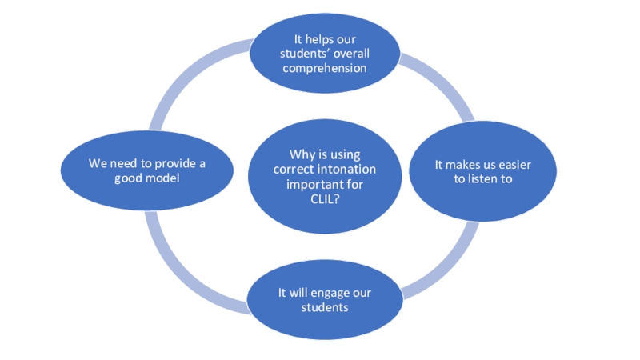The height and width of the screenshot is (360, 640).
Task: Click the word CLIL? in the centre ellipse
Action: point(324,199)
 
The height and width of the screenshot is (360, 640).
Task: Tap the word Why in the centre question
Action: point(301,154)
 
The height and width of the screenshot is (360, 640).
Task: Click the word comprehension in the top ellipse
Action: point(324,68)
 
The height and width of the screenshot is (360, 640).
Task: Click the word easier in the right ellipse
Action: point(514,164)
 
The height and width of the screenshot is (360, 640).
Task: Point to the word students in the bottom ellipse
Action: point(325,307)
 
